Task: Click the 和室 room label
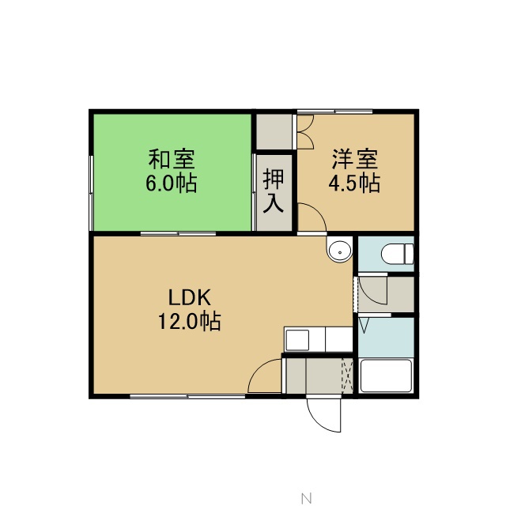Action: (172, 159)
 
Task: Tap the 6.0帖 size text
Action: (172, 183)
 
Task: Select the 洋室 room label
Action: (355, 159)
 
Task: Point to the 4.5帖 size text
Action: (354, 183)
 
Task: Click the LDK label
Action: (190, 297)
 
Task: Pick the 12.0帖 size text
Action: (190, 322)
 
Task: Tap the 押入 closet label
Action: (274, 191)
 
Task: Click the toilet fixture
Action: (397, 253)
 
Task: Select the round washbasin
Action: (339, 250)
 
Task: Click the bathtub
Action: (386, 376)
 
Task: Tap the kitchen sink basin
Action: (297, 340)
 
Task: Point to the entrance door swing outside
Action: (323, 415)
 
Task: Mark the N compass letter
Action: (306, 499)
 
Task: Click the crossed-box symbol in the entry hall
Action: (347, 376)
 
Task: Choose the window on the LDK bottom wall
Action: (187, 396)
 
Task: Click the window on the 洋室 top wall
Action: (334, 111)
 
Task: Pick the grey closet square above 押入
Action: (274, 132)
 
